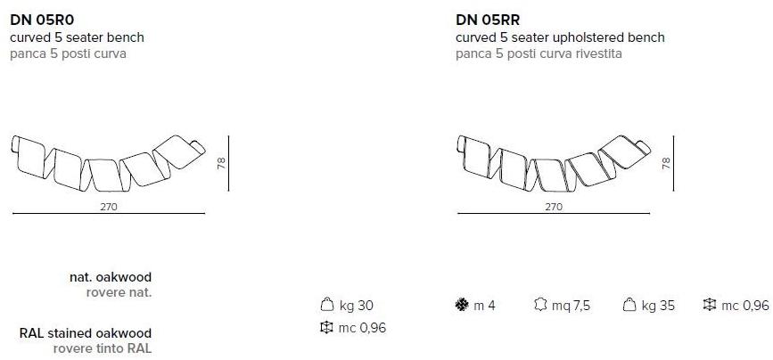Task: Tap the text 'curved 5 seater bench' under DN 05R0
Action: [x=77, y=37]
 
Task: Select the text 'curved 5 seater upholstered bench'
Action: [x=560, y=37]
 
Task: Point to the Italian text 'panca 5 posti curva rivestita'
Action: [x=539, y=53]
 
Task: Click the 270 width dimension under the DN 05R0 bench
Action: [x=108, y=206]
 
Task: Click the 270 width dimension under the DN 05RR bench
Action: [x=554, y=206]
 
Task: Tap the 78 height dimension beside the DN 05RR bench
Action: [x=665, y=162]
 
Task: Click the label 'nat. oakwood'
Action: [x=111, y=277]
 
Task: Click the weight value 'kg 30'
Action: [x=356, y=306]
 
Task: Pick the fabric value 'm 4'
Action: [x=484, y=306]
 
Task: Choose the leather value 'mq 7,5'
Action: [x=571, y=306]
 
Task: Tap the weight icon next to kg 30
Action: [x=326, y=305]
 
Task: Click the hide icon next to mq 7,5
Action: [x=539, y=305]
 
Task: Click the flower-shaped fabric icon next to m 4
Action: [x=461, y=305]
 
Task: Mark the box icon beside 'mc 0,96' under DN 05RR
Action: [x=709, y=305]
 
